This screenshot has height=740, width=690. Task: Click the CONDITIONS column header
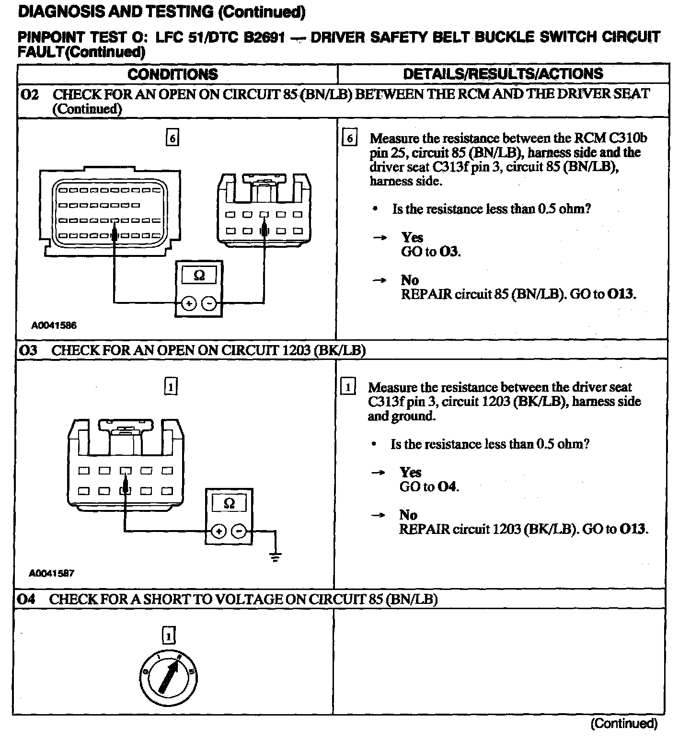tap(172, 74)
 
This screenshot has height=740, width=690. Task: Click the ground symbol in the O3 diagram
tap(275, 556)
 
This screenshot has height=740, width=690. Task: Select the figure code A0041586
tap(54, 325)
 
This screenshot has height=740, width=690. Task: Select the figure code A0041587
tap(52, 573)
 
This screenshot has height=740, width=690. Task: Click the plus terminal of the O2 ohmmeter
tap(189, 303)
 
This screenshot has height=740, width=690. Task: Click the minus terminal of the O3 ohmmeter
tap(239, 532)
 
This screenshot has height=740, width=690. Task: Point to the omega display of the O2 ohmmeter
tap(199, 276)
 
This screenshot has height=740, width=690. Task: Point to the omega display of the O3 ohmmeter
tap(229, 503)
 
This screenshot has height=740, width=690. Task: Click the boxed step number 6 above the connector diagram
tap(172, 138)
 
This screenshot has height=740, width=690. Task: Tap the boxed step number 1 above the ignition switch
tap(169, 636)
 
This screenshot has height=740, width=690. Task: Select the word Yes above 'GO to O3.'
tap(412, 237)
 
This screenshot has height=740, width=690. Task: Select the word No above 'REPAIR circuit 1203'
tap(408, 515)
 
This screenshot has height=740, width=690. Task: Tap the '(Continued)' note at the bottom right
tap(623, 723)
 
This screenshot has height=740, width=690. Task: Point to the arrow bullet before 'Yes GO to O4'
tap(378, 473)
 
